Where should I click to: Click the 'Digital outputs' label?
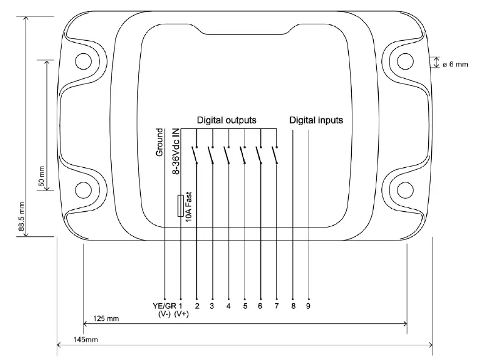click(226, 120)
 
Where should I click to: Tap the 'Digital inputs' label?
click(316, 120)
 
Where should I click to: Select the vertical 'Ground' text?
click(160, 143)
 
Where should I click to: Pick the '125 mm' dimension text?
click(106, 319)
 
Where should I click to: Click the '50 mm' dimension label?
click(41, 176)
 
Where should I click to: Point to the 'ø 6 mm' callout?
click(456, 63)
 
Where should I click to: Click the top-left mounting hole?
click(82, 60)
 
